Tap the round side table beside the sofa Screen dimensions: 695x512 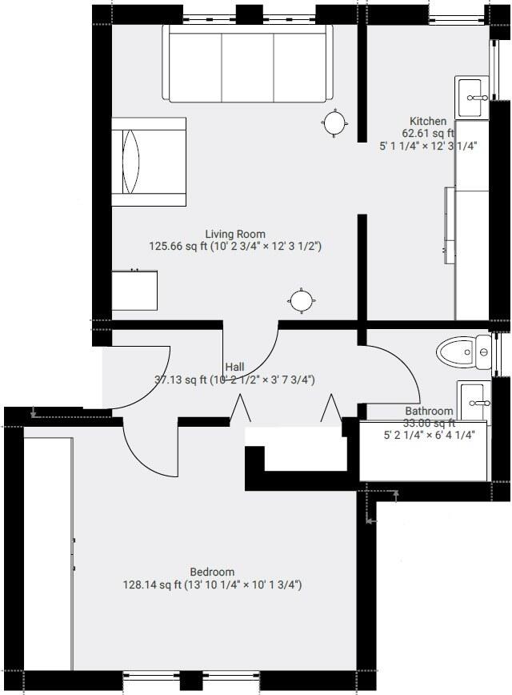point(334,123)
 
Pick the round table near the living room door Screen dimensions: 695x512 point(302,300)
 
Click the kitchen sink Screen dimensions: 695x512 point(473,98)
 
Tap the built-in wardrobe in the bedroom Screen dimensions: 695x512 point(48,552)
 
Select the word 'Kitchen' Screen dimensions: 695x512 point(428,122)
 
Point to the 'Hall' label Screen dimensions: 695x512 point(234,366)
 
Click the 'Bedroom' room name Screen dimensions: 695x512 point(212,572)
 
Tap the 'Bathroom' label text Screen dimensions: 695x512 point(429,412)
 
